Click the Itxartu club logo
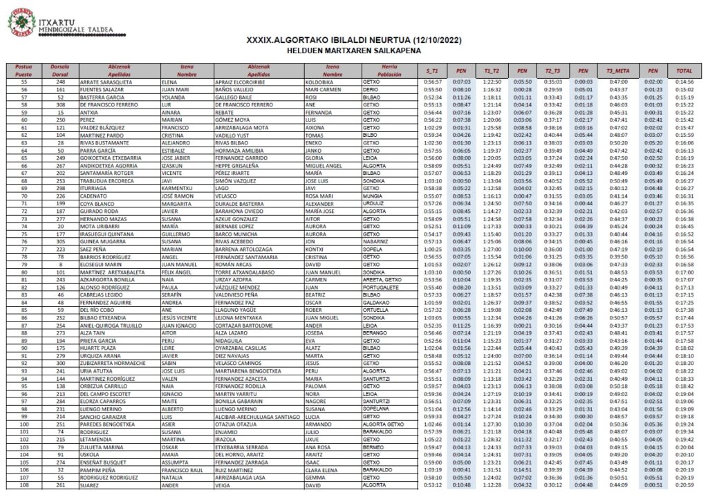click(23, 21)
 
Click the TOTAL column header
click(684, 71)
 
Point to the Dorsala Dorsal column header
click(61, 71)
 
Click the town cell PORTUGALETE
click(380, 288)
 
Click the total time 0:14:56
click(684, 82)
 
